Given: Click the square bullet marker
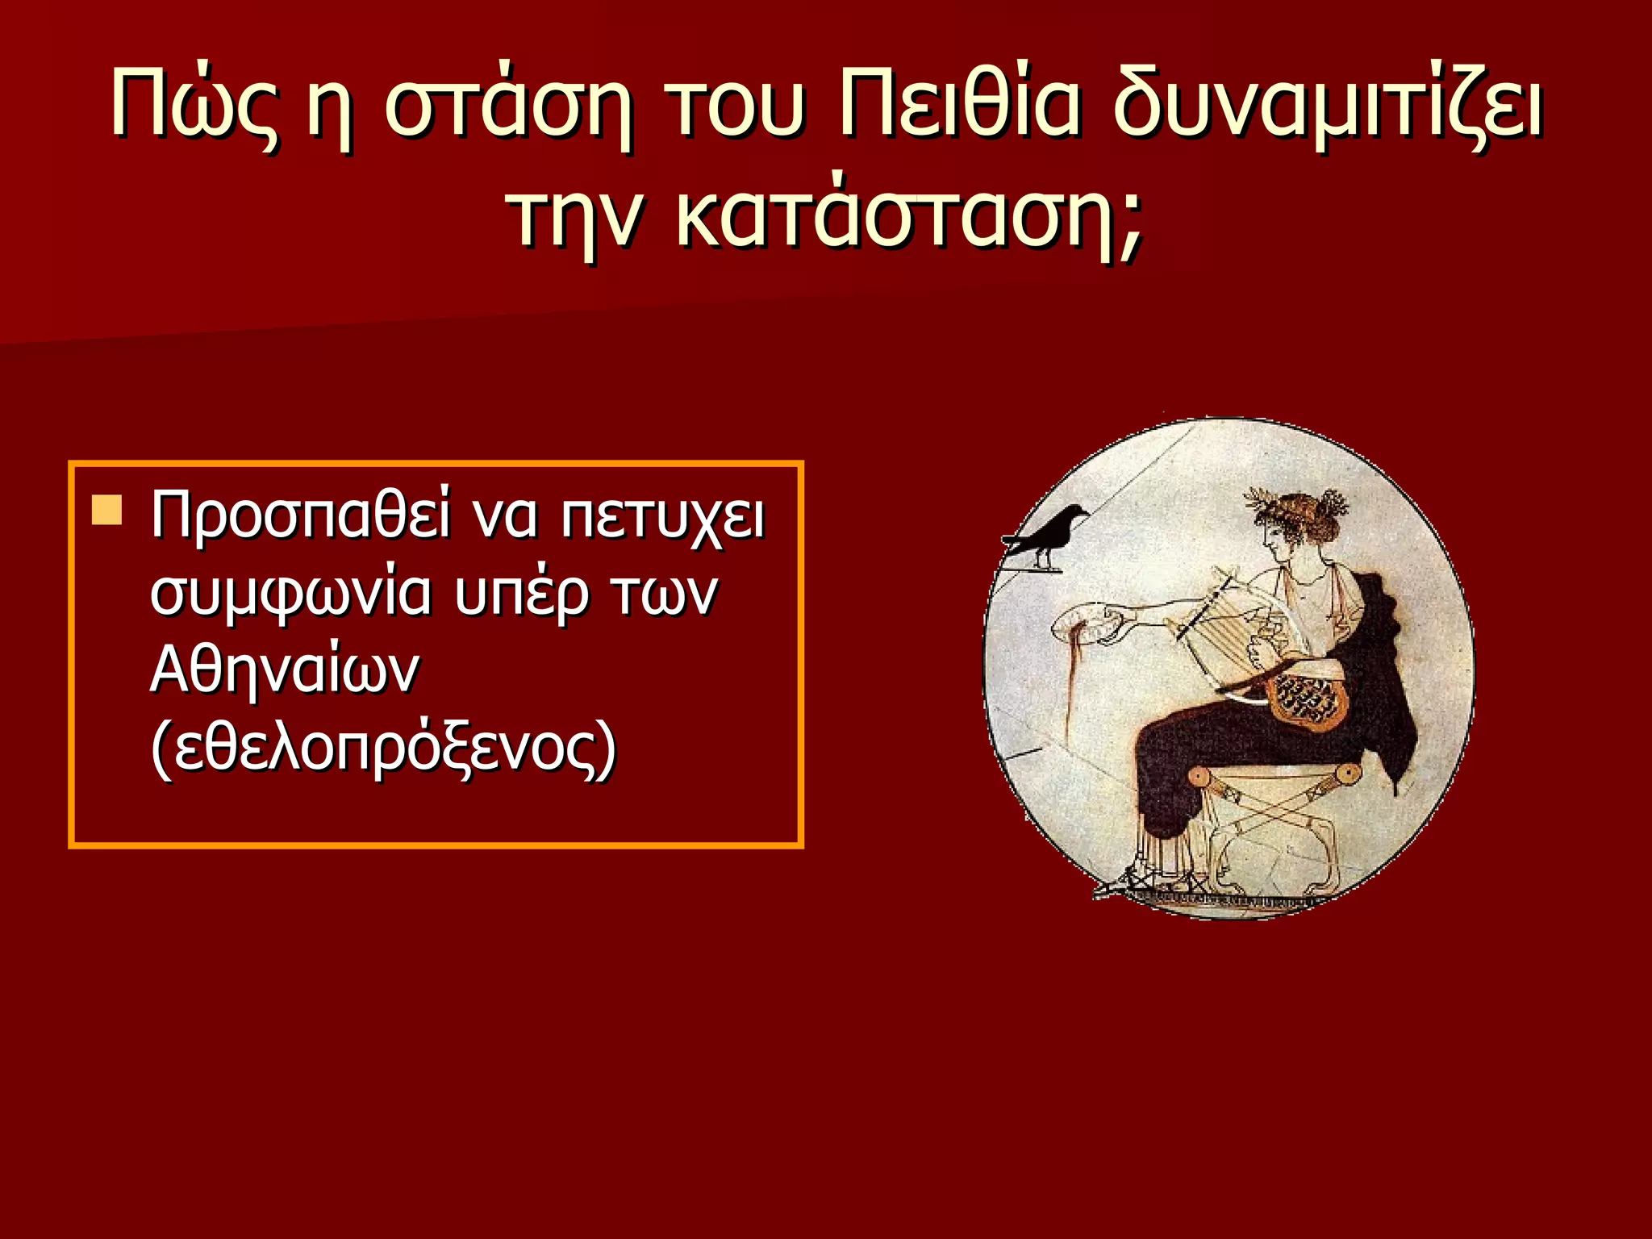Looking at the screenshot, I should tap(106, 511).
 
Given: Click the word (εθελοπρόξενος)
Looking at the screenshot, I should tap(384, 749).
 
